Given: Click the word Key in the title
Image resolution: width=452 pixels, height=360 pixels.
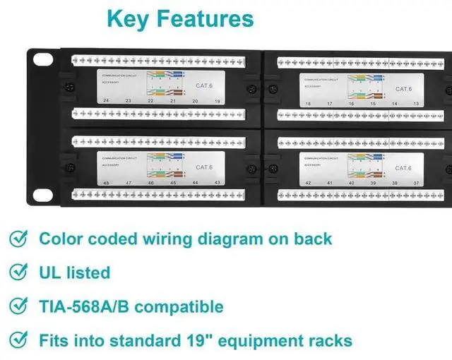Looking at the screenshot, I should (133, 18).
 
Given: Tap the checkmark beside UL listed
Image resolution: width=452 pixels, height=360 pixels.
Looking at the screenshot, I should (19, 272).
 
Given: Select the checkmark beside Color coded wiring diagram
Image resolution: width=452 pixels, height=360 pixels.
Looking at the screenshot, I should (19, 239).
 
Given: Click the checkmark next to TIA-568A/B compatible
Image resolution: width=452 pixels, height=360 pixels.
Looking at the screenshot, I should (19, 306).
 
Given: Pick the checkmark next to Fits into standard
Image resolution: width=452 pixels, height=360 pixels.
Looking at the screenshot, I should (19, 341).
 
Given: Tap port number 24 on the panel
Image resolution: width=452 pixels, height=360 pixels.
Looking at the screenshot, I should (106, 102).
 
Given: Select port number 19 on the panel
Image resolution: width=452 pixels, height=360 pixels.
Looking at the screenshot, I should (217, 102).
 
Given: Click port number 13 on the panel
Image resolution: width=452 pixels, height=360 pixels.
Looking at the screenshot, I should (417, 104).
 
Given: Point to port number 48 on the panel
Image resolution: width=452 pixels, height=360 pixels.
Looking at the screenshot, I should (106, 183).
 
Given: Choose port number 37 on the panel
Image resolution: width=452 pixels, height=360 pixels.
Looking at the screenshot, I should (416, 183).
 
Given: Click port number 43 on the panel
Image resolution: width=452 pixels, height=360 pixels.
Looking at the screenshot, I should (217, 183).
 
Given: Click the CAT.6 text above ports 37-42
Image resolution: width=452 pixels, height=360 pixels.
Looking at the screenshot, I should (403, 168).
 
